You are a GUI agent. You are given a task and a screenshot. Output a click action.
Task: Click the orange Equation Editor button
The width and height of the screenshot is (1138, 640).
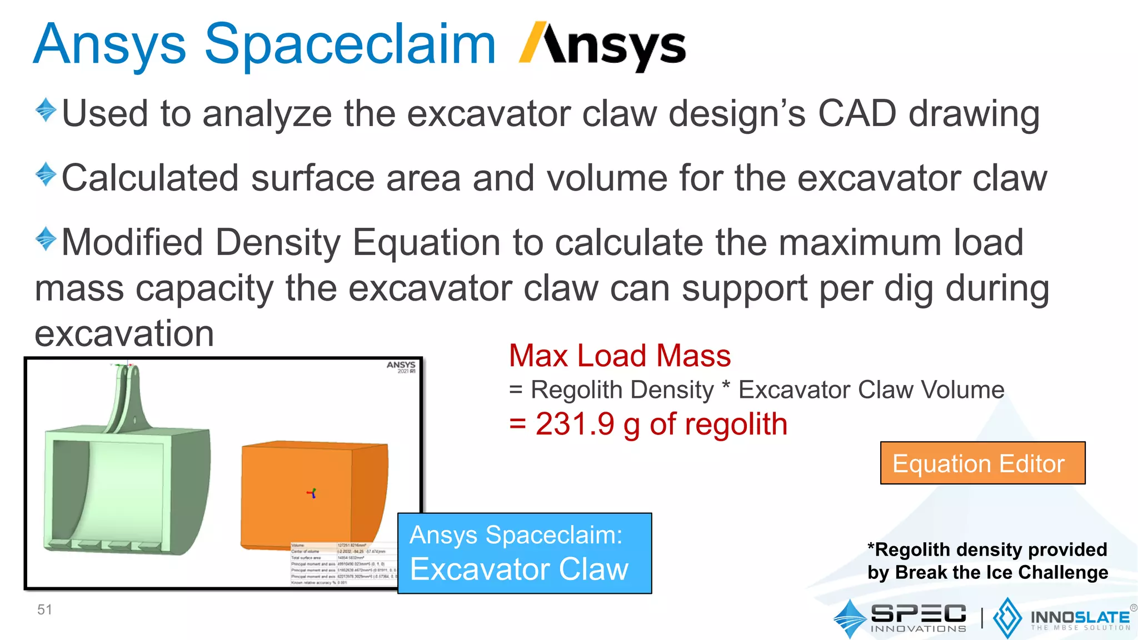tap(982, 463)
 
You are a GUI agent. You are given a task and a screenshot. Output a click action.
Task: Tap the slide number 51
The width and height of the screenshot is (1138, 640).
tap(44, 609)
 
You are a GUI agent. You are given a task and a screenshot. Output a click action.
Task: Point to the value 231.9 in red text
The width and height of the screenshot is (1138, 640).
tap(575, 424)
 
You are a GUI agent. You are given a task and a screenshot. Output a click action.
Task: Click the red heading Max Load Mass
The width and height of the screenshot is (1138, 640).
tap(620, 356)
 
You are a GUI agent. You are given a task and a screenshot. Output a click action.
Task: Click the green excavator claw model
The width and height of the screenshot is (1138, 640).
tap(128, 489)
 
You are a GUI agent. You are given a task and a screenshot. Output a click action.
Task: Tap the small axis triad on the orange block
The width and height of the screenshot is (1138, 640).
tap(312, 493)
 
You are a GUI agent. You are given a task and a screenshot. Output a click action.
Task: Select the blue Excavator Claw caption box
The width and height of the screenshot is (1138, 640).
tap(524, 553)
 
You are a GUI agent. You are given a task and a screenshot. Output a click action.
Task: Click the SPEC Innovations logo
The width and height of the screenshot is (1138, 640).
tap(900, 618)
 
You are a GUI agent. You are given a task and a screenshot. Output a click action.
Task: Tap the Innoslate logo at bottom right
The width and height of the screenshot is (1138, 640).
tap(1061, 618)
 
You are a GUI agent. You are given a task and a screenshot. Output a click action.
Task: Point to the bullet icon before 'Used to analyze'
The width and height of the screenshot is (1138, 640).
tap(46, 110)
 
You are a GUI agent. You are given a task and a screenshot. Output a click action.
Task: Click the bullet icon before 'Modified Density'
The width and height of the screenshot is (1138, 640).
tap(46, 239)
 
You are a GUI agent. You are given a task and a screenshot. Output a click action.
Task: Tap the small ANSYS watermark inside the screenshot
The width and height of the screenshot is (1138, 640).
tap(401, 367)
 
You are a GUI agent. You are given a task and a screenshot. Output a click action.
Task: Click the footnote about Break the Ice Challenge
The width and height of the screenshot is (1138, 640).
tap(987, 561)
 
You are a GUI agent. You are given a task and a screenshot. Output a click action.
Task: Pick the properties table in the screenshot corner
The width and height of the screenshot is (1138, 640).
tap(343, 563)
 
